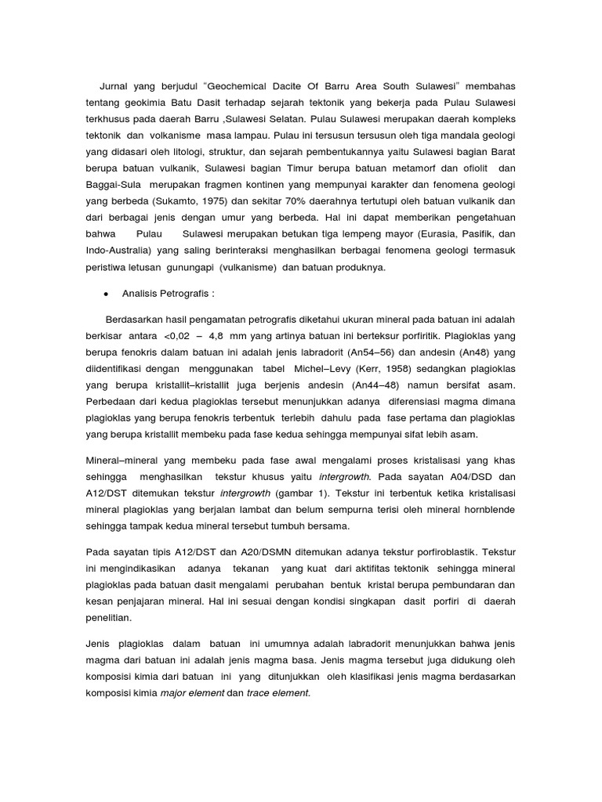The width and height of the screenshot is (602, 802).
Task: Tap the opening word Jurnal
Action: coord(115,85)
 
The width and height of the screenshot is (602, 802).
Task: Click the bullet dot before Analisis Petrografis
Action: coord(105,294)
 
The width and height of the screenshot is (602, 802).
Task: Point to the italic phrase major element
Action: coord(182,692)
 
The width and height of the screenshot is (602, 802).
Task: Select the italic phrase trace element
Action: coord(278,692)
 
